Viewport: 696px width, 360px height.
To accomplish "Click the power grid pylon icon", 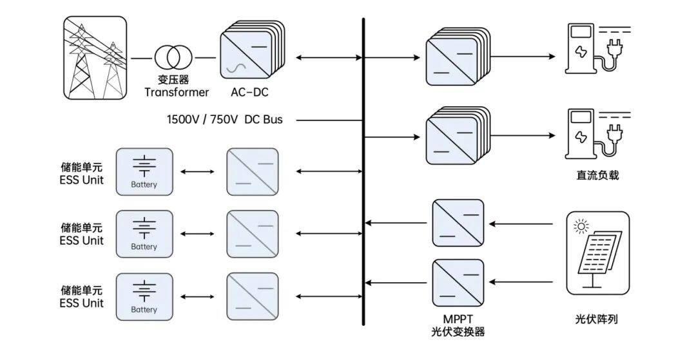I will click(95, 58).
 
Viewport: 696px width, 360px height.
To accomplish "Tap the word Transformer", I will click(177, 92).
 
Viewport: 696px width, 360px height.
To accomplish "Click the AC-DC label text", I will click(249, 92).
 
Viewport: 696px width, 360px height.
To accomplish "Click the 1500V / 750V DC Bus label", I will click(225, 120).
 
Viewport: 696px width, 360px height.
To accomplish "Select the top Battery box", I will click(144, 171).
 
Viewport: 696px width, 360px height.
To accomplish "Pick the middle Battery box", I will click(144, 234).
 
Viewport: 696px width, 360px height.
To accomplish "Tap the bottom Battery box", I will click(144, 296).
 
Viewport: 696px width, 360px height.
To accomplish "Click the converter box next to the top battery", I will click(253, 171).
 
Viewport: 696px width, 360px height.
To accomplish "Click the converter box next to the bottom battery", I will click(253, 296).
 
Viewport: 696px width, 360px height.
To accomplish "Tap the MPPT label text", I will click(458, 319).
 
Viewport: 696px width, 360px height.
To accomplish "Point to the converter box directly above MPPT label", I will click(458, 284).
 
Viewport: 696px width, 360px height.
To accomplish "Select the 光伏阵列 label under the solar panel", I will click(596, 319).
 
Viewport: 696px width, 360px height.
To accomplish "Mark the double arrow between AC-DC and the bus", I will click(329, 58).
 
